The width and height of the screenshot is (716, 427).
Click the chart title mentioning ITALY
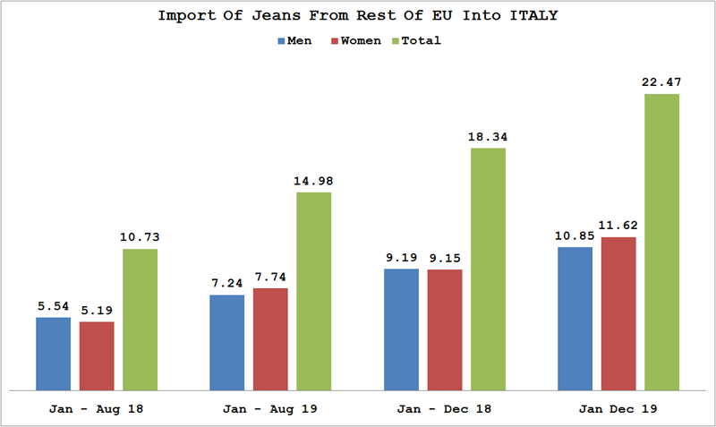(x=357, y=16)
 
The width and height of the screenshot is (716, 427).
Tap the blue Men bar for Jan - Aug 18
(x=53, y=354)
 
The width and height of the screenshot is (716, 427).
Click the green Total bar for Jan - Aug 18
(x=141, y=320)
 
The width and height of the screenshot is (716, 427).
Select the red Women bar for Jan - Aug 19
(x=270, y=339)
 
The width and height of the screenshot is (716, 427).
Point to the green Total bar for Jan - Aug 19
(x=314, y=291)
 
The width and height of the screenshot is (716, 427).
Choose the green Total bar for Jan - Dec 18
(x=489, y=269)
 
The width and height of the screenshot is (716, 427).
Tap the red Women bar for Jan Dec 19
(x=618, y=313)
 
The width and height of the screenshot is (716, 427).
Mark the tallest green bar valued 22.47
(x=662, y=242)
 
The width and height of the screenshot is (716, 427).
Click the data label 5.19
(x=97, y=310)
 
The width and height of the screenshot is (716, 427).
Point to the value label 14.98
(x=314, y=181)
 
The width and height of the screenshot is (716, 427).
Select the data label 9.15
(x=445, y=258)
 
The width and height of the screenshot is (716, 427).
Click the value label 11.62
(x=618, y=226)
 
